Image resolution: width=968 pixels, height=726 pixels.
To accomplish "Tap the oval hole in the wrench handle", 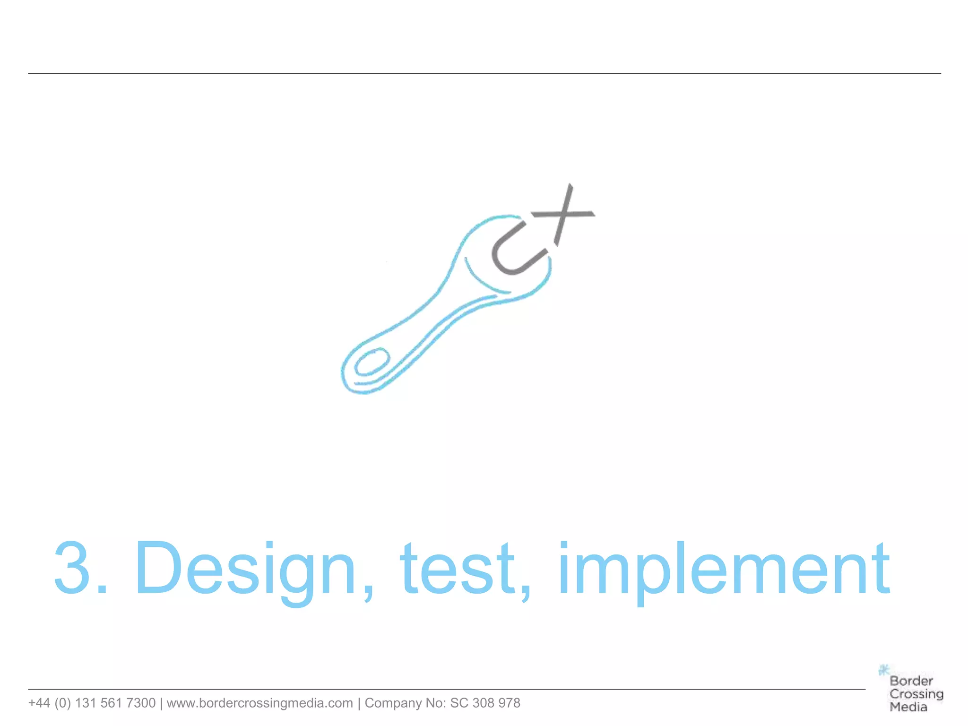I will pos(372,362).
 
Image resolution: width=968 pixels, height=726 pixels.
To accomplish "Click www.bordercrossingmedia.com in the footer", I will pos(259,703).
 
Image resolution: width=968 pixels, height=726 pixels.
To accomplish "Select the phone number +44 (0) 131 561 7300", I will pos(92,703).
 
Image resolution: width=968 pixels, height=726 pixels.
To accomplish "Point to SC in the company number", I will pos(459,703).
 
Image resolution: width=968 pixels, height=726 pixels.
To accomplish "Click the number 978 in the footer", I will pos(509,703).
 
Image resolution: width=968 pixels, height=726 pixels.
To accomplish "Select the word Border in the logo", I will pos(911,681).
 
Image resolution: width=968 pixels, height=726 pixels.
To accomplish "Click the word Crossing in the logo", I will pos(916,694).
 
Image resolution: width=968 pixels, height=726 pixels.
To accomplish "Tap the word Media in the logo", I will pos(908,708).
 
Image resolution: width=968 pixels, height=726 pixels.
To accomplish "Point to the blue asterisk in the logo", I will pos(883,670).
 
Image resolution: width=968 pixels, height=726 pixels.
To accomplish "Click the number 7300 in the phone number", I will pos(141,703).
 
